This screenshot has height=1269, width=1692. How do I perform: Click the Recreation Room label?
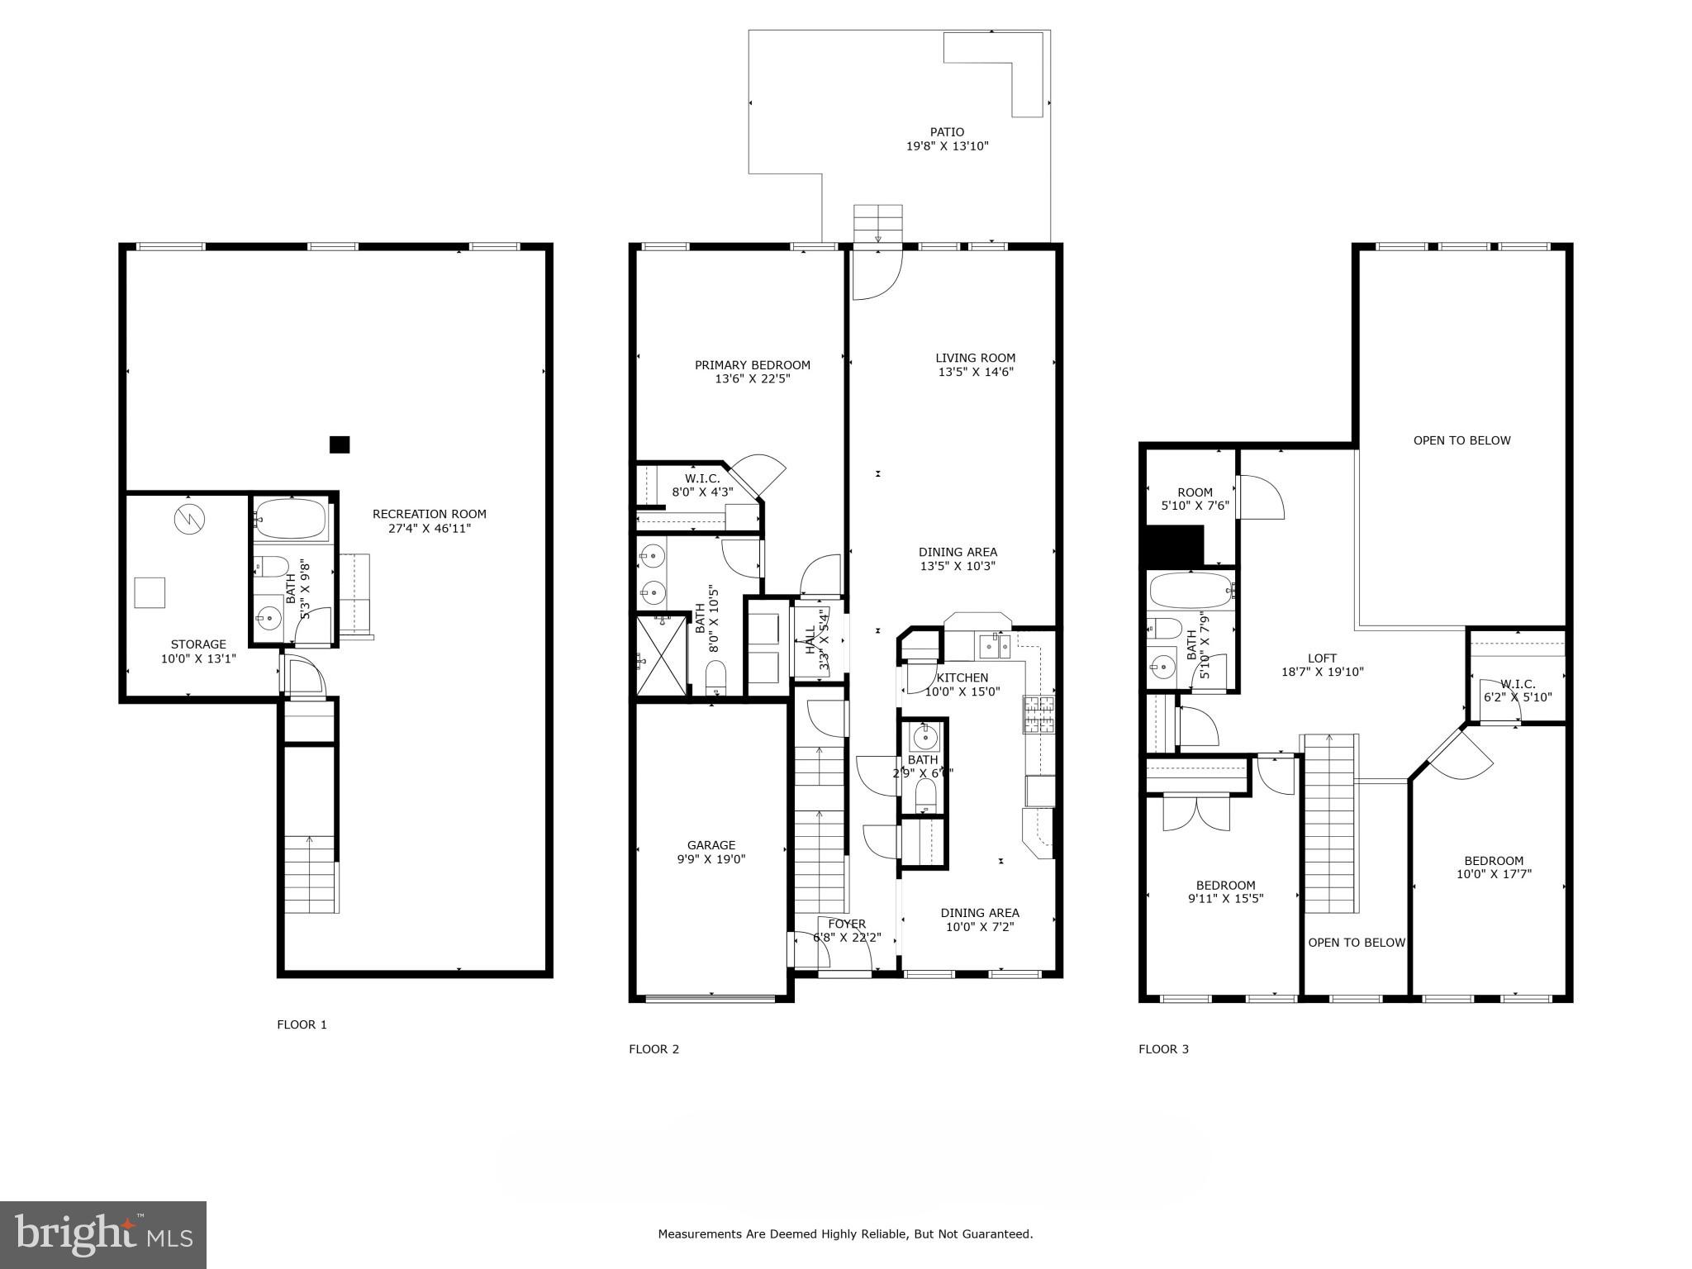point(429,514)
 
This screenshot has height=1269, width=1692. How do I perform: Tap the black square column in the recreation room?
point(340,444)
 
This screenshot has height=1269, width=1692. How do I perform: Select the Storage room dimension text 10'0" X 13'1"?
point(198,658)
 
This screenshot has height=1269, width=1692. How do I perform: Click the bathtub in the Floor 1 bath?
point(290,519)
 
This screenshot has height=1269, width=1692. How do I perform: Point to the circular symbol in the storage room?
point(189,519)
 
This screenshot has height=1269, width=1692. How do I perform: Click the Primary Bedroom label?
point(752,365)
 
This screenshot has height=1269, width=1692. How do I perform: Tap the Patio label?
point(947,132)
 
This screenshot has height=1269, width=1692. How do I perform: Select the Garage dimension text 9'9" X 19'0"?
point(711,859)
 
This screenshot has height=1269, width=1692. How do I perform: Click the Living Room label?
point(975,358)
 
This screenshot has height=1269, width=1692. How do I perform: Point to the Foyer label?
point(847,924)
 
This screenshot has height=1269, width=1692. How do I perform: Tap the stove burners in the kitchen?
point(1039,715)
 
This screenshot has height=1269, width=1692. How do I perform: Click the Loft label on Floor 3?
point(1322,658)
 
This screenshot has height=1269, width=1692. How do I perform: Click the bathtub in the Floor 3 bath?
point(1190,591)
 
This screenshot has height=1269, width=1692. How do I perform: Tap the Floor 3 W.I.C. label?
point(1518,684)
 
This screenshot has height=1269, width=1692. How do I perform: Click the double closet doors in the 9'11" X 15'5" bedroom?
point(1196,812)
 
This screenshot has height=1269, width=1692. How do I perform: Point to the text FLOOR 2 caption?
point(654,1049)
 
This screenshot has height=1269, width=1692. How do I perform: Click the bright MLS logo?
point(103,1234)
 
